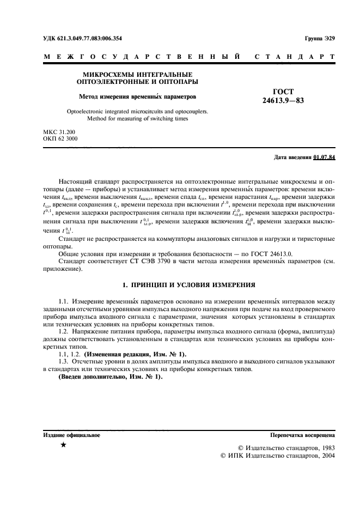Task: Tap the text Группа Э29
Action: tap(320, 39)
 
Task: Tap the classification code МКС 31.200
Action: tap(59, 132)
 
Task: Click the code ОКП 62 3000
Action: tap(60, 139)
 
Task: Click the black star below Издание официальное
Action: tap(64, 446)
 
